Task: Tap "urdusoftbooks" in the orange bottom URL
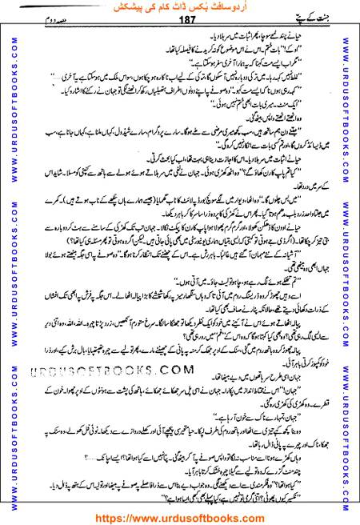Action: click(x=187, y=516)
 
